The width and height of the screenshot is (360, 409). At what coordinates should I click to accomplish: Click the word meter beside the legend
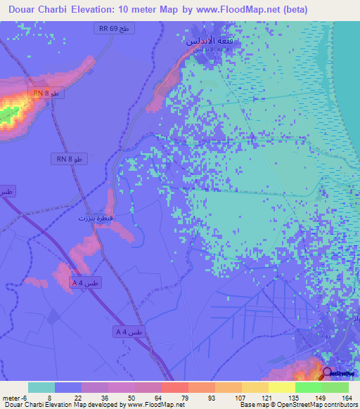pyautogui.click(x=9, y=397)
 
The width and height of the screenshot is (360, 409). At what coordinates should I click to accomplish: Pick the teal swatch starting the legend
pyautogui.click(x=41, y=387)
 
